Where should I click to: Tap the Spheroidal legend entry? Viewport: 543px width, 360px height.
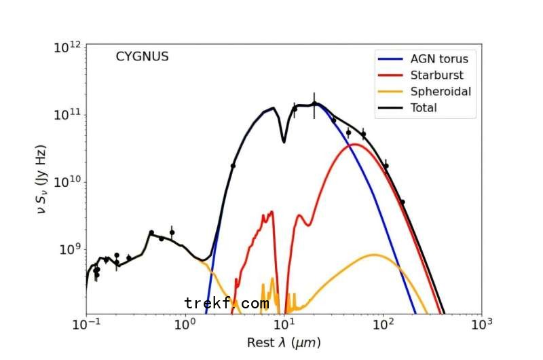click(x=441, y=91)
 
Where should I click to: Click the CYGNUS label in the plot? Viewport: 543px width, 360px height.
click(x=142, y=57)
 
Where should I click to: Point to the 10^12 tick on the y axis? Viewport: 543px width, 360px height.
click(x=67, y=47)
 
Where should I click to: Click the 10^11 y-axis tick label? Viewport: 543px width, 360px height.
click(x=67, y=114)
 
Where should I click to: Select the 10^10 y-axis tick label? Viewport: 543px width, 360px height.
click(x=67, y=182)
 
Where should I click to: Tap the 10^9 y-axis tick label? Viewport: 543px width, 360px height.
click(x=69, y=250)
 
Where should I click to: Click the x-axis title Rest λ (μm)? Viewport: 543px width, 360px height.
click(x=284, y=343)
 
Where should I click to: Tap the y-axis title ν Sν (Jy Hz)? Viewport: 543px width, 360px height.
click(x=41, y=180)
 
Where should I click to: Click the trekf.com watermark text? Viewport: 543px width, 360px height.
click(x=227, y=303)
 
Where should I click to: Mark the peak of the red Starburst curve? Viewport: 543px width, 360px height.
click(x=354, y=144)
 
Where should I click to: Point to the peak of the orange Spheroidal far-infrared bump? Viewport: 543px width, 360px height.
click(x=374, y=255)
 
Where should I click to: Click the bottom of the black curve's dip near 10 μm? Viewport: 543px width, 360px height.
click(x=283, y=141)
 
